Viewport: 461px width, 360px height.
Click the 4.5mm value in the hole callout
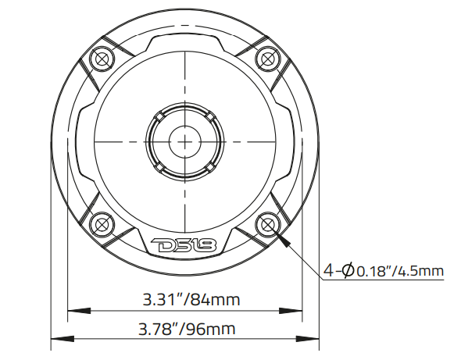(x=422, y=272)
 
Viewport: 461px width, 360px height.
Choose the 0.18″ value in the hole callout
(x=375, y=272)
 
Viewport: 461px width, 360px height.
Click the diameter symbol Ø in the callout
(x=346, y=271)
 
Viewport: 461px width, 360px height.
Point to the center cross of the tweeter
(x=184, y=141)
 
